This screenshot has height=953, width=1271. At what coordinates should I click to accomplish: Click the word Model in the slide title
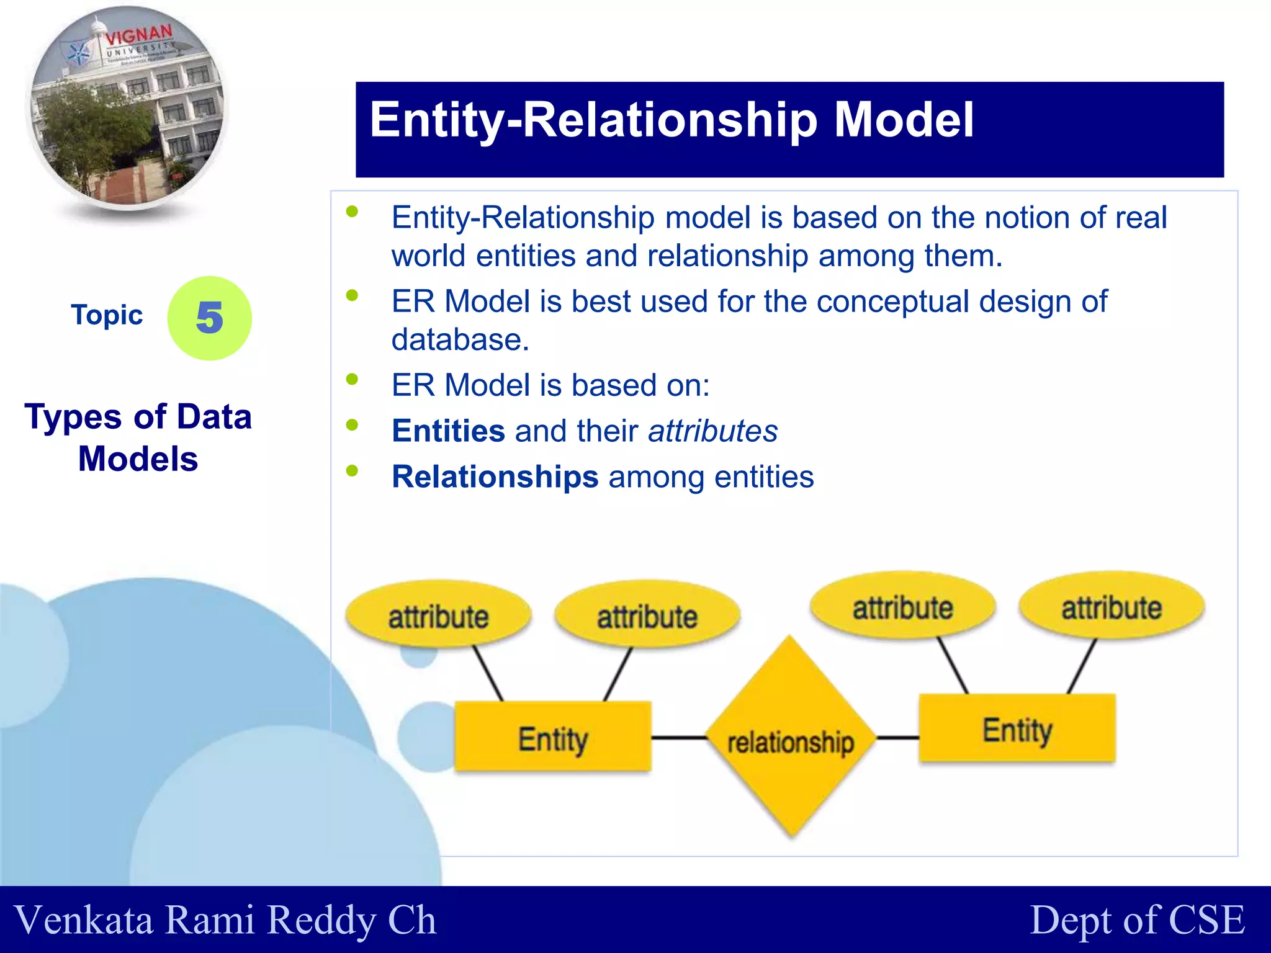[904, 120]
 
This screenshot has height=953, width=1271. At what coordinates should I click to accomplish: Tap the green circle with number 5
[209, 318]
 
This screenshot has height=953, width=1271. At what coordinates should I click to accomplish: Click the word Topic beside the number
[107, 315]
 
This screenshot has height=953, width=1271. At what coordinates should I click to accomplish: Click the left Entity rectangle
[552, 737]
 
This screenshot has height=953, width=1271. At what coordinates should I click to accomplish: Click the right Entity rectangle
[1017, 728]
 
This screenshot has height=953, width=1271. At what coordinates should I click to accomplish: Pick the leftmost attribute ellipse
[438, 615]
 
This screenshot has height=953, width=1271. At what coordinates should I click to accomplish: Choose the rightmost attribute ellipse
[1111, 607]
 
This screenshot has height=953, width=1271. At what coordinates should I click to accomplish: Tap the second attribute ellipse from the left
[647, 615]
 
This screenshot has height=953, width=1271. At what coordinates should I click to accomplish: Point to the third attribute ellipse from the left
[902, 607]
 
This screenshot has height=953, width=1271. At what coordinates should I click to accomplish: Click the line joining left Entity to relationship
[679, 738]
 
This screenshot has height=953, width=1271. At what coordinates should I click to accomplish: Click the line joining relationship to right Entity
[897, 738]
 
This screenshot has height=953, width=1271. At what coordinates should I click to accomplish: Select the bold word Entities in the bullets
[448, 431]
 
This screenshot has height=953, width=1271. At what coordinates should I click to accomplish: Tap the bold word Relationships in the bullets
[495, 477]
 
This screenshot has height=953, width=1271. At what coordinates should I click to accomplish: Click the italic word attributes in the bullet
[712, 431]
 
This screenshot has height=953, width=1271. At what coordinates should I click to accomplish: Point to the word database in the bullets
[460, 340]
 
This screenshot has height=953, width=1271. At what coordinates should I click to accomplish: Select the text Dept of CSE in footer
[1137, 919]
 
